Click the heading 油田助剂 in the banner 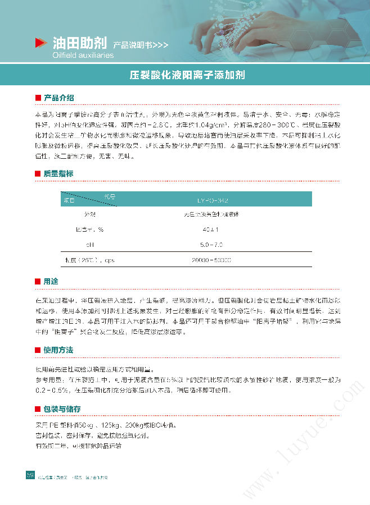[x=79, y=43]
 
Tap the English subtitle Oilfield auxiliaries [x=83, y=56]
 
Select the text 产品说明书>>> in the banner [x=141, y=45]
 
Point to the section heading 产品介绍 [x=59, y=98]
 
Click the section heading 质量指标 [x=59, y=174]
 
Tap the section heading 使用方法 [x=59, y=350]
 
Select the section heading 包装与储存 [x=62, y=409]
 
